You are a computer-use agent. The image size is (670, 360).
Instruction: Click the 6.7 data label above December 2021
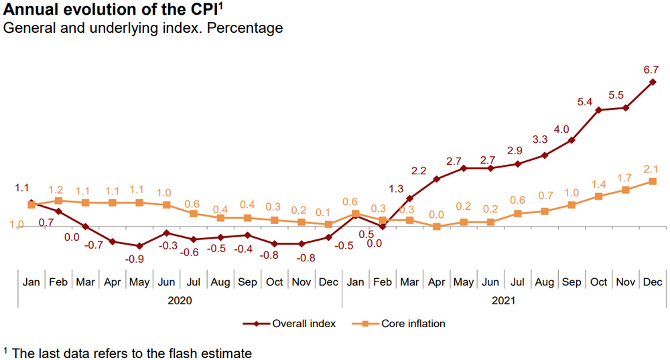[651, 69]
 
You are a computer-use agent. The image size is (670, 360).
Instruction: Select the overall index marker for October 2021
[598, 110]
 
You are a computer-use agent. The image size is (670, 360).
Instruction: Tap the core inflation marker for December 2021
[652, 182]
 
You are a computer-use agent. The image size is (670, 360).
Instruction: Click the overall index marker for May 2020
[139, 246]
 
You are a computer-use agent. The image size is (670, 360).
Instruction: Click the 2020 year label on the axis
[180, 301]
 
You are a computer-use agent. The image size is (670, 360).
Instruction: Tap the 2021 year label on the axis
[503, 301]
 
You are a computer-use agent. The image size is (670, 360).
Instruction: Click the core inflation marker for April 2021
[436, 227]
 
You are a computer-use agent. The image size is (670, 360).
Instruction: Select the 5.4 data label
[585, 102]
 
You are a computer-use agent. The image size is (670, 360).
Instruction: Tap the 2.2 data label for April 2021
[419, 171]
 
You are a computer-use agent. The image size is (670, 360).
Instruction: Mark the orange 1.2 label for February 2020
[56, 190]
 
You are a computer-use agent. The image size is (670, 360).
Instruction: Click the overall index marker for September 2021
[572, 140]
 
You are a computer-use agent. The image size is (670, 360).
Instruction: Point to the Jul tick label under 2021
[517, 282]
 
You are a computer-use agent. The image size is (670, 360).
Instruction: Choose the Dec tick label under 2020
[328, 282]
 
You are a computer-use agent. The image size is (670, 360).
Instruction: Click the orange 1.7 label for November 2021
[624, 178]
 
